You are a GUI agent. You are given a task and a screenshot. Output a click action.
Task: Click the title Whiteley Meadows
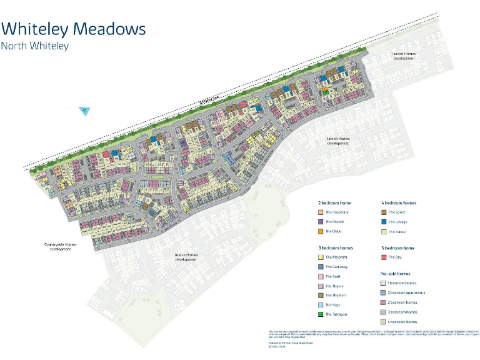point(74,29)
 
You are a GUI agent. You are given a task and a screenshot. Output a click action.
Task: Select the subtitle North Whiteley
point(35,46)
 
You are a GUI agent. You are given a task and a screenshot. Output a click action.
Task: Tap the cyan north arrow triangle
point(85,111)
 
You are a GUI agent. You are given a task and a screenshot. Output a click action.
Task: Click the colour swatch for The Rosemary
point(320,212)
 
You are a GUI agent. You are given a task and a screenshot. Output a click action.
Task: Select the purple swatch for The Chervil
point(320,222)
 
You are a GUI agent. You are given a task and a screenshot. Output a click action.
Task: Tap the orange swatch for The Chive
point(320,231)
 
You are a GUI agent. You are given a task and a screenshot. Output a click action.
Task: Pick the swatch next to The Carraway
point(320,267)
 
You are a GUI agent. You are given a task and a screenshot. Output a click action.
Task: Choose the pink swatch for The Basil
point(320,276)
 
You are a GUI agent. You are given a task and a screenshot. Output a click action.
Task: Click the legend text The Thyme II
point(337,295)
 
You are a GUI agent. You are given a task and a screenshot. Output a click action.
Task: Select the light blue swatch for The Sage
point(320,304)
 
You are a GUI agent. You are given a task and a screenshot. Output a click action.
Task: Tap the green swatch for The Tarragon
point(320,314)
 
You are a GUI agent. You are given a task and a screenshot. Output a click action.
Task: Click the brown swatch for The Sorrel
point(384,212)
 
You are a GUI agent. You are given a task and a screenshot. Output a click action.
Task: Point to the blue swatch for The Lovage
point(384,222)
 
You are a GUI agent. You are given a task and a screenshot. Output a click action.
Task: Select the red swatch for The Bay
point(384,257)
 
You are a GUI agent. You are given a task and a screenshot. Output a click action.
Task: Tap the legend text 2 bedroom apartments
point(407,292)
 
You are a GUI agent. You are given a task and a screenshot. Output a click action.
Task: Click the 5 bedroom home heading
point(397,248)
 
